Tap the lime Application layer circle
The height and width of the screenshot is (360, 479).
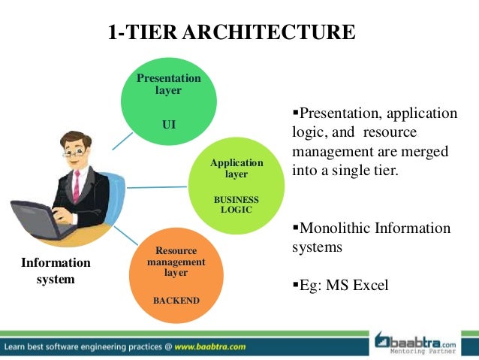(x=236, y=184)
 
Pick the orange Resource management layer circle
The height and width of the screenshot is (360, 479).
(x=176, y=271)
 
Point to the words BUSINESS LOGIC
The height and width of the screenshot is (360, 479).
(x=236, y=204)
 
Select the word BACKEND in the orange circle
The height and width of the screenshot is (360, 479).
(x=176, y=301)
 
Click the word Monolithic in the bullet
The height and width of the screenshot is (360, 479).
(x=336, y=228)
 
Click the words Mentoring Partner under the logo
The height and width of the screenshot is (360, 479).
(x=428, y=350)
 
